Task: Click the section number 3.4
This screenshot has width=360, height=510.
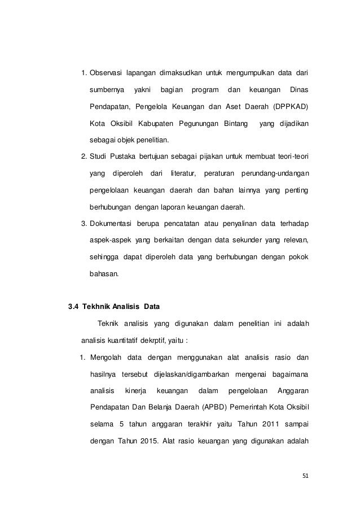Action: coord(73,308)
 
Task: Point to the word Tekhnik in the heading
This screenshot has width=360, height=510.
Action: coord(96,308)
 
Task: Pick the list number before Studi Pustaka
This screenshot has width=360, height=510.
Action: coord(84,156)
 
